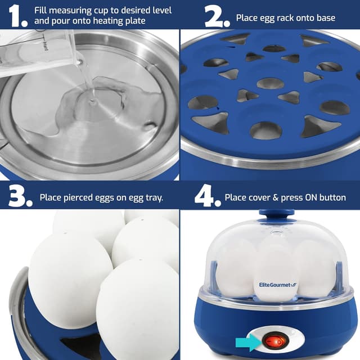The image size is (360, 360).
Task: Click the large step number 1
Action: click(17, 16)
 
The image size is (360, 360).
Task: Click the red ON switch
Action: click(271, 341)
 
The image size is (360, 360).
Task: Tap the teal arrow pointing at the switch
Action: click(246, 340)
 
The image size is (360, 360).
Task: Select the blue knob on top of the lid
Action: click(277, 215)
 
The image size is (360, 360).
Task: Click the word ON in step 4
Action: click(303, 197)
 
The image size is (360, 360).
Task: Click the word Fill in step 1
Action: click(40, 10)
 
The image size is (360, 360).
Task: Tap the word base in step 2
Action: click(325, 18)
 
